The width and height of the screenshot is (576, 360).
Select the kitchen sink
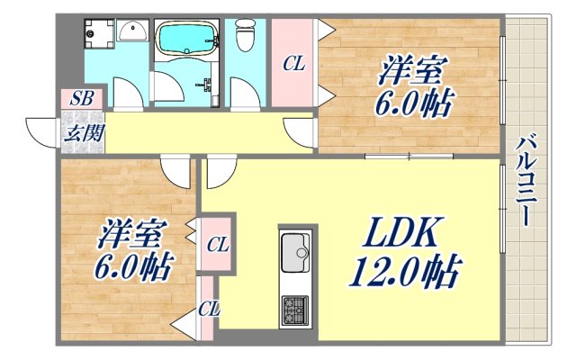296,251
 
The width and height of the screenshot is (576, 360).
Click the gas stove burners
296,310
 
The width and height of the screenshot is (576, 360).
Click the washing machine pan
98,33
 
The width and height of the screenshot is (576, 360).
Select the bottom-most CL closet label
209,310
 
